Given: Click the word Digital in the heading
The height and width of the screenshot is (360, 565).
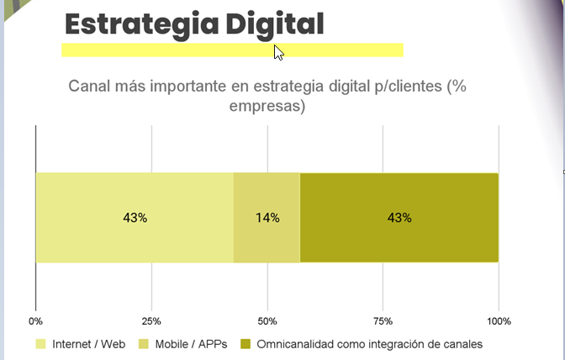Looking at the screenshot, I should (274, 24).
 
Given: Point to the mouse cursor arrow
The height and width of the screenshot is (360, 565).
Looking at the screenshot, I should (278, 52).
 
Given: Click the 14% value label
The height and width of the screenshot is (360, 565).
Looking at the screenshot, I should (267, 218).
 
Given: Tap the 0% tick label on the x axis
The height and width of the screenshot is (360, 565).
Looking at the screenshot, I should (35, 321).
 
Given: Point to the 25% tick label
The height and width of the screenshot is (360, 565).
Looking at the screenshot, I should (151, 321).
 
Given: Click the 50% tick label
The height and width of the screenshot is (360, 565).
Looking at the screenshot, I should (267, 321).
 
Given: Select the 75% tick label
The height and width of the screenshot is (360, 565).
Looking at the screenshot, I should (383, 321).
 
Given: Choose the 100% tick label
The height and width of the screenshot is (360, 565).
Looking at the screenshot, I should (499, 321).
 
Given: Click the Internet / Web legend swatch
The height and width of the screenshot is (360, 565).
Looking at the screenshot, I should (40, 345).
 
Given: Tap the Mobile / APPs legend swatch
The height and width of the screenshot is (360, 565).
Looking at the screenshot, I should (143, 345).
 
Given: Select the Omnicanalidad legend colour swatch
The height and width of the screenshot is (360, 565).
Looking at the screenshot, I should (246, 345).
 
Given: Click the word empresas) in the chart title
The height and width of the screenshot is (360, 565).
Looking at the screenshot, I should (267, 107).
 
